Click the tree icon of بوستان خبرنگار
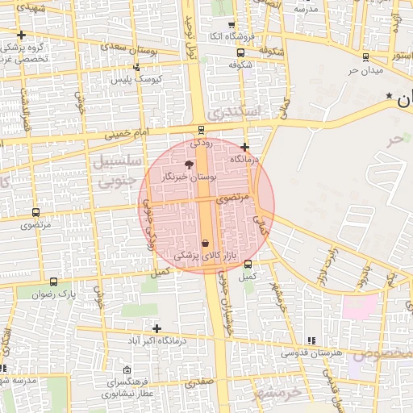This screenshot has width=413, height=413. click(190, 164)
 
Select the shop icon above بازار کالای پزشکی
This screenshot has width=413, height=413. click(205, 243)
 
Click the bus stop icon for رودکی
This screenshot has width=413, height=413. click(201, 131)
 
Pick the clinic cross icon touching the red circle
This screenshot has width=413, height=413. click(244, 147)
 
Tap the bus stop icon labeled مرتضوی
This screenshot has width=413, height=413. click(35, 213)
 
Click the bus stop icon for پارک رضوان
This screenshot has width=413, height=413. click(53, 282)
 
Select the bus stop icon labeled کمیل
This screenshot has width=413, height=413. click(248, 264)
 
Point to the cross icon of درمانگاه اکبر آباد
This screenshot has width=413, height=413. click(156, 328)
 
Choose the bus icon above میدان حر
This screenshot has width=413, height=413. click(366, 57)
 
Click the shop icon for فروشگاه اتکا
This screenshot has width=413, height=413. click(232, 25)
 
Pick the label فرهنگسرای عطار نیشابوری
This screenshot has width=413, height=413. click(129, 388)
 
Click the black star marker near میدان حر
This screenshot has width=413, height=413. click(390, 97)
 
